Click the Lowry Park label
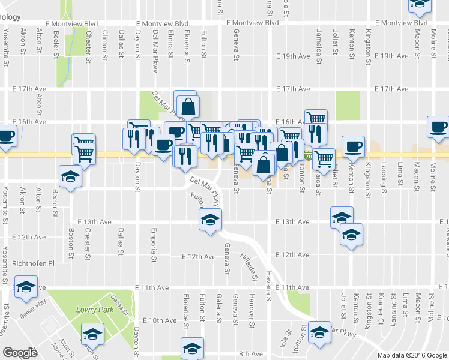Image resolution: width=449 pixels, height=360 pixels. coord(91,310)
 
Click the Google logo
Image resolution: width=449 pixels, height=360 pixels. coord(20,353)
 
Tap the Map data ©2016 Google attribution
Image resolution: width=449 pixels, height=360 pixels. coord(412,355)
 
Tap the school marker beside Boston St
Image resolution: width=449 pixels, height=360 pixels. coord(70,177)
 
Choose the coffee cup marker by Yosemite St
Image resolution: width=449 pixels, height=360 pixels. coord(6,136)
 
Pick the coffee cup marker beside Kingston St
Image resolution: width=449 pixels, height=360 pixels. coord(353,146)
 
